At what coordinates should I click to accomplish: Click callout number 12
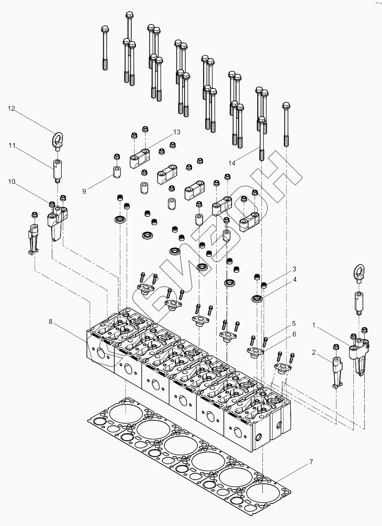tap(11, 109)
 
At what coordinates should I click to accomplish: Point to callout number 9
tap(84, 191)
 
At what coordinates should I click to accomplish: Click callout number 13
tap(177, 132)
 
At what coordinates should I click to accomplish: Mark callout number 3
tap(294, 269)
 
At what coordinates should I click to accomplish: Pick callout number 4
tap(295, 279)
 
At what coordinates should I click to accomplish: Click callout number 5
tap(294, 323)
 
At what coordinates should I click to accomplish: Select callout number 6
tap(294, 334)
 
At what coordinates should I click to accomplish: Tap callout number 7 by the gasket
tap(311, 462)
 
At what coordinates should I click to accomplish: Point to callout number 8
tap(50, 322)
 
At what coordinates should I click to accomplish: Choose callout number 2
tap(314, 353)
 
